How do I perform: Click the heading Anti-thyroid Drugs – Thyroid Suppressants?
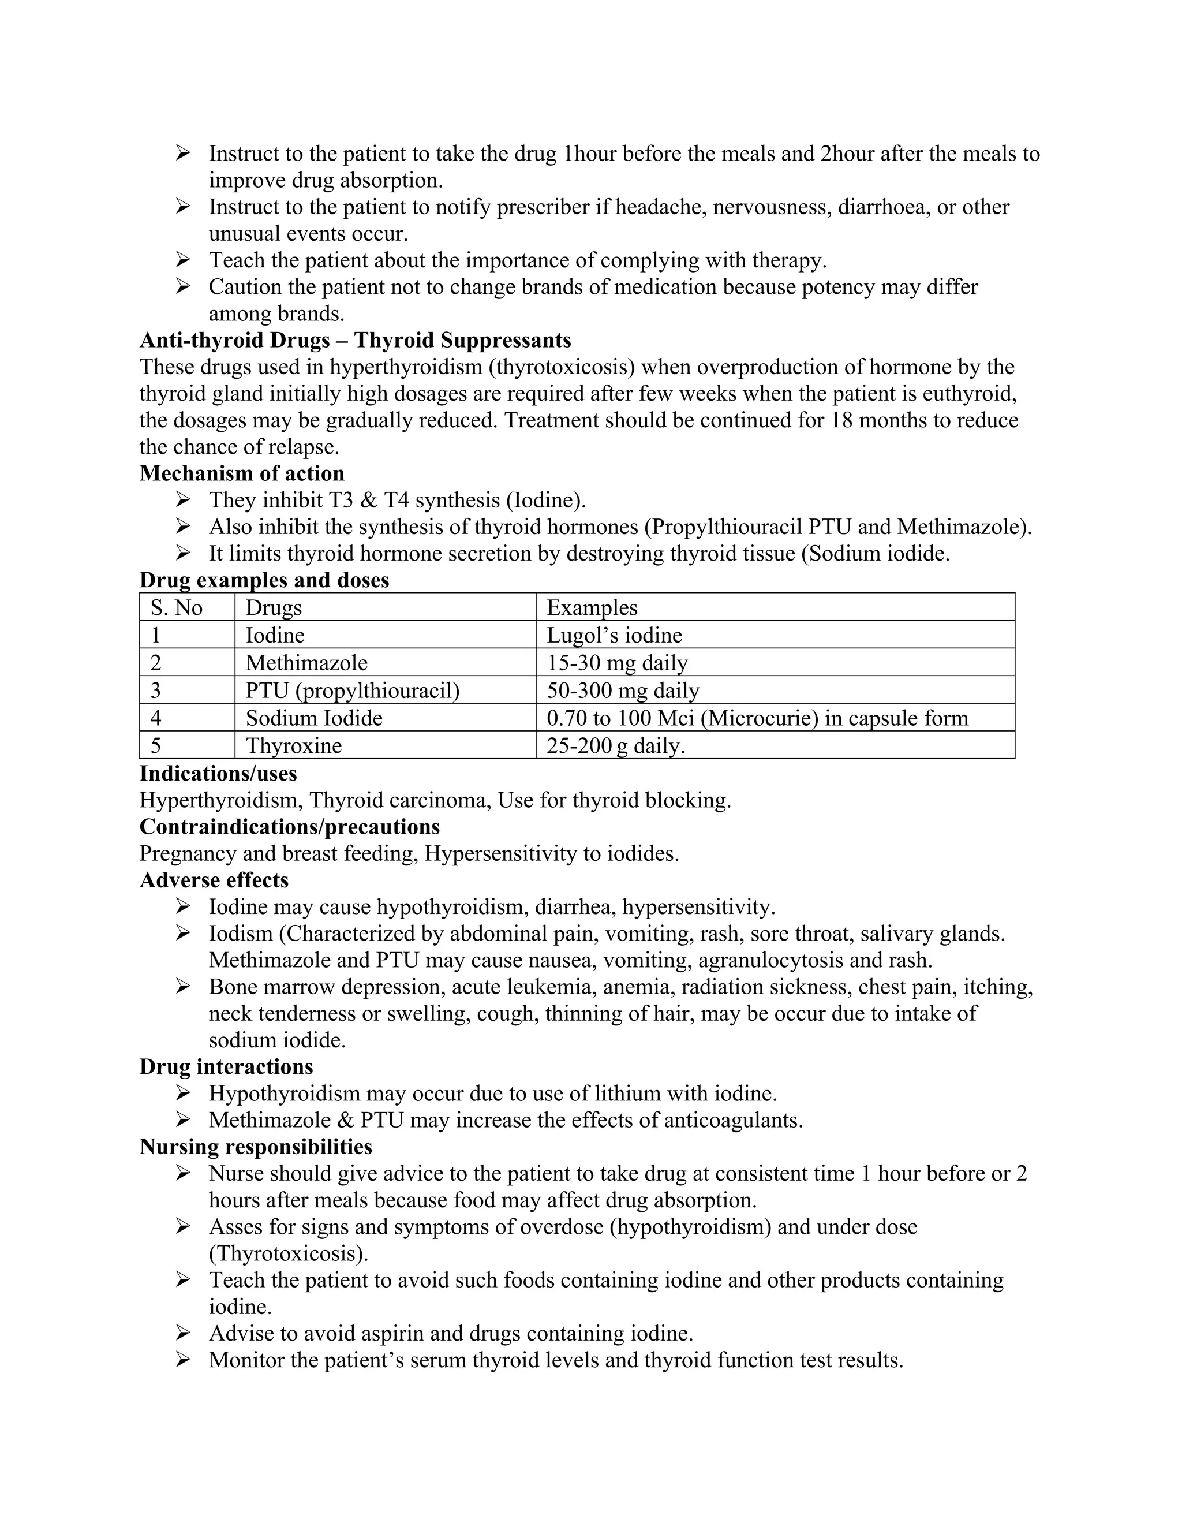tap(355, 341)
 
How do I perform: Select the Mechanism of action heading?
tap(242, 473)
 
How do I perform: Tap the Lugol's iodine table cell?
tap(614, 636)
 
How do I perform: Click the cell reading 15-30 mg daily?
tap(617, 663)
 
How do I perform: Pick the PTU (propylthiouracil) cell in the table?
tap(352, 691)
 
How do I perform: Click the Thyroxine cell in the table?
tap(293, 745)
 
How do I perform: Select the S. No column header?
tap(177, 607)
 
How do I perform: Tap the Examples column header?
tap(592, 607)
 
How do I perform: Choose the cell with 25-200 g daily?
tap(615, 745)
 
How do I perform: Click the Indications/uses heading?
tap(218, 774)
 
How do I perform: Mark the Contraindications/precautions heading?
tap(289, 827)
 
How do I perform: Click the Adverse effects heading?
tap(214, 880)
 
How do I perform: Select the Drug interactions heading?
tap(226, 1067)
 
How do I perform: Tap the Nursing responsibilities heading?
tap(256, 1147)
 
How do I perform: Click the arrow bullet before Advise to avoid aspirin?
tap(183, 1333)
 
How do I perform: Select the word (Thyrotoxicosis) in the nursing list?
tap(288, 1253)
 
